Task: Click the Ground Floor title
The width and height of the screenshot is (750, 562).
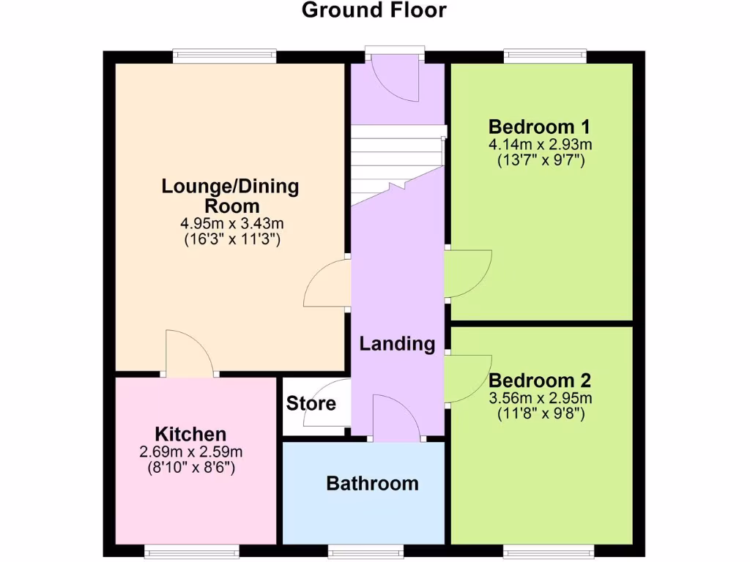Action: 374,10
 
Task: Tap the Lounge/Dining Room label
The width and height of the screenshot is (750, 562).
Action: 231,195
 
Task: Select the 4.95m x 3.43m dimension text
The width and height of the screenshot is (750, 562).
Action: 231,222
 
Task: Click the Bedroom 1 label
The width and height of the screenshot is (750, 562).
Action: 540,125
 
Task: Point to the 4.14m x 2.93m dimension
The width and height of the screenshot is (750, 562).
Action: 540,144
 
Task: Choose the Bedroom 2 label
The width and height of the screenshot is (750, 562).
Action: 540,381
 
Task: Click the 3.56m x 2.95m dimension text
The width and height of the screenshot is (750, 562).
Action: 540,399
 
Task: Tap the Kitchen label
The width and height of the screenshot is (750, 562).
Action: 190,433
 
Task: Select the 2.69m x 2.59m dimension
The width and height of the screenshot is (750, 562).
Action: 190,452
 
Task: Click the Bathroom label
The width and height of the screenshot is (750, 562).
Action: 372,483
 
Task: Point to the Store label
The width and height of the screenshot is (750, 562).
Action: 311,403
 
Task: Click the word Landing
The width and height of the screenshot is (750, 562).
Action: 397,344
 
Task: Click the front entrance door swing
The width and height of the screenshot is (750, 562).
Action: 396,79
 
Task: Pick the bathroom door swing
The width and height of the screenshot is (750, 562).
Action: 398,419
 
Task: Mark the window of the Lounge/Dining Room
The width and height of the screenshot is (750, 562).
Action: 224,56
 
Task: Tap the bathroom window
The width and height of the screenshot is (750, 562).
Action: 365,549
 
